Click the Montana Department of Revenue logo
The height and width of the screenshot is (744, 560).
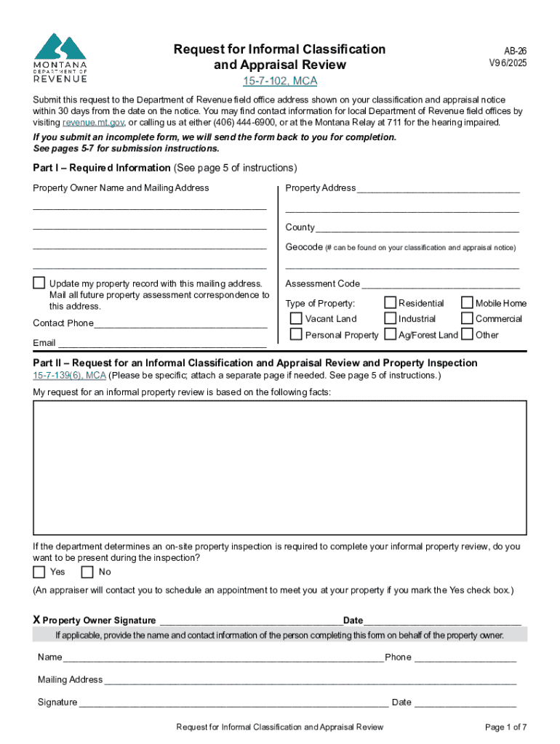tap(60, 58)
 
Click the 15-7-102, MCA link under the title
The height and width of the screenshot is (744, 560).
tap(280, 81)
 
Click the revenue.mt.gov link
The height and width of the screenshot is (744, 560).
tap(94, 122)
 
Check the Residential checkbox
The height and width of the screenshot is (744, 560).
tap(391, 302)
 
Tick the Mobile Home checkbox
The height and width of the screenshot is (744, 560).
tap(468, 302)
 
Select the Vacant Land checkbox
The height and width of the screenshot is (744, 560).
tap(296, 318)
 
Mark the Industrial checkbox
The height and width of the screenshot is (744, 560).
tap(391, 318)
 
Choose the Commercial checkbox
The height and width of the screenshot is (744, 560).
tap(468, 318)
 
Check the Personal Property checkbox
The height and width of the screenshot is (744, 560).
tap(296, 334)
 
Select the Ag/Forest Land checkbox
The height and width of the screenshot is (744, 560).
tap(391, 334)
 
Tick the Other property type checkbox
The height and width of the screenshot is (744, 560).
tap(468, 334)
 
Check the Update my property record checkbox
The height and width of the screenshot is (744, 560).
tap(39, 283)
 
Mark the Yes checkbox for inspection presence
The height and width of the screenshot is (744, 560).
tap(39, 572)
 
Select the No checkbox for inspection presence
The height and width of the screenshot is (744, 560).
tap(88, 572)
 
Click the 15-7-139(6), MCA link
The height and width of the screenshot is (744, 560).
tap(70, 376)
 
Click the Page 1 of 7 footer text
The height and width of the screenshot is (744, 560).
tap(505, 727)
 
